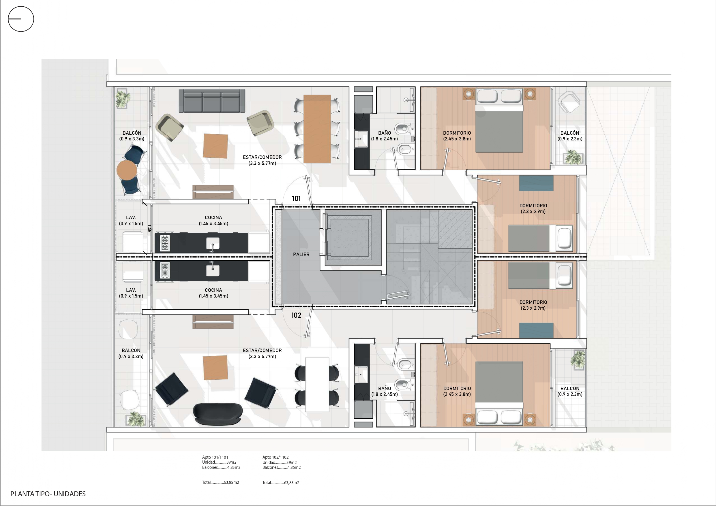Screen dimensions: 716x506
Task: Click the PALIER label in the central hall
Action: (x=301, y=254)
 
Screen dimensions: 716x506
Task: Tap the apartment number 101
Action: (x=296, y=199)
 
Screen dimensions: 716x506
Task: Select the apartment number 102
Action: (x=296, y=315)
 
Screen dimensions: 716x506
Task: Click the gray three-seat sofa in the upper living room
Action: (x=212, y=101)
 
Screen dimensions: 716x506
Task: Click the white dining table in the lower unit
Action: (x=317, y=385)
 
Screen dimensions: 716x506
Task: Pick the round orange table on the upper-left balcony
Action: (x=127, y=170)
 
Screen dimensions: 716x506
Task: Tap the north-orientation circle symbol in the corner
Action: (x=21, y=19)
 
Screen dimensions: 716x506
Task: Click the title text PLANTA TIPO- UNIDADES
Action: (x=48, y=494)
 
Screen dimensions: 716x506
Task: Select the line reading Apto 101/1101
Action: (x=215, y=457)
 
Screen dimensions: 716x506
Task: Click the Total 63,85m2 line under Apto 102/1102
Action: (x=281, y=483)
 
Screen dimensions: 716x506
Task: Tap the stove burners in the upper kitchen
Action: (x=165, y=243)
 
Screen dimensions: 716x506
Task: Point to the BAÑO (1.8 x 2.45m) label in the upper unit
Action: (x=385, y=136)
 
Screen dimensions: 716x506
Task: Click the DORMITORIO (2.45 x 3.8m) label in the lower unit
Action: (x=457, y=391)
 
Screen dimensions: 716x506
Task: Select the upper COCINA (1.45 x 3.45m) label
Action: (x=213, y=221)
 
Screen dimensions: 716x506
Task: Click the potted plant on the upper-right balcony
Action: (x=573, y=157)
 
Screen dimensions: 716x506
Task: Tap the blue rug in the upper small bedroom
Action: (x=536, y=183)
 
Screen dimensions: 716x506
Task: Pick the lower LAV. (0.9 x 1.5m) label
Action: (x=131, y=293)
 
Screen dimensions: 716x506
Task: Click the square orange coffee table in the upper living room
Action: (x=215, y=146)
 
